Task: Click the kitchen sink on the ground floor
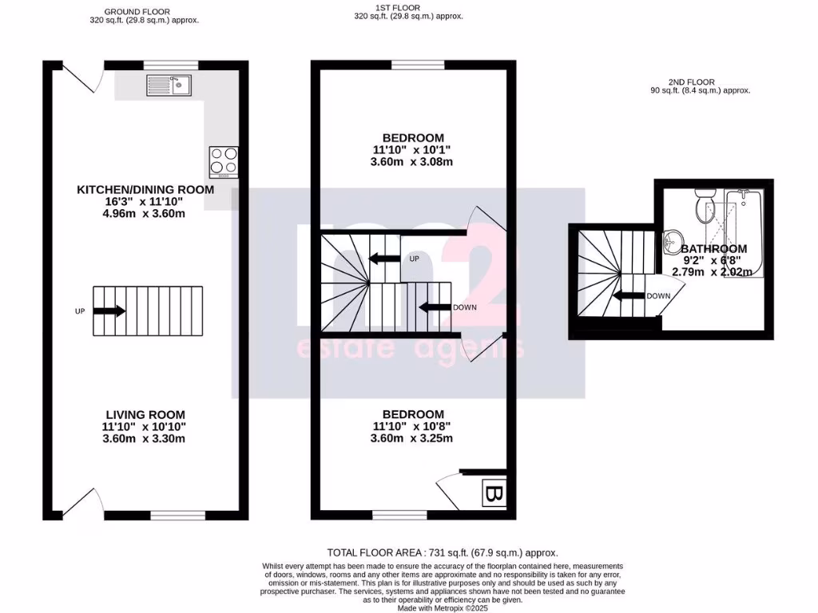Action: tap(169, 84)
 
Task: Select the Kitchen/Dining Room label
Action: tap(145, 189)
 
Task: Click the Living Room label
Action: tap(145, 414)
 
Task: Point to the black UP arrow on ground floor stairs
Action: tap(109, 311)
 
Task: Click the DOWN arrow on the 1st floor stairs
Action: tap(435, 307)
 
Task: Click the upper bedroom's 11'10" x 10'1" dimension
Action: tap(413, 150)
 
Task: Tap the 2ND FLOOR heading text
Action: tap(692, 81)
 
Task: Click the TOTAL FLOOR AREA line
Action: tap(443, 552)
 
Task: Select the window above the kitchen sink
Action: tap(170, 64)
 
